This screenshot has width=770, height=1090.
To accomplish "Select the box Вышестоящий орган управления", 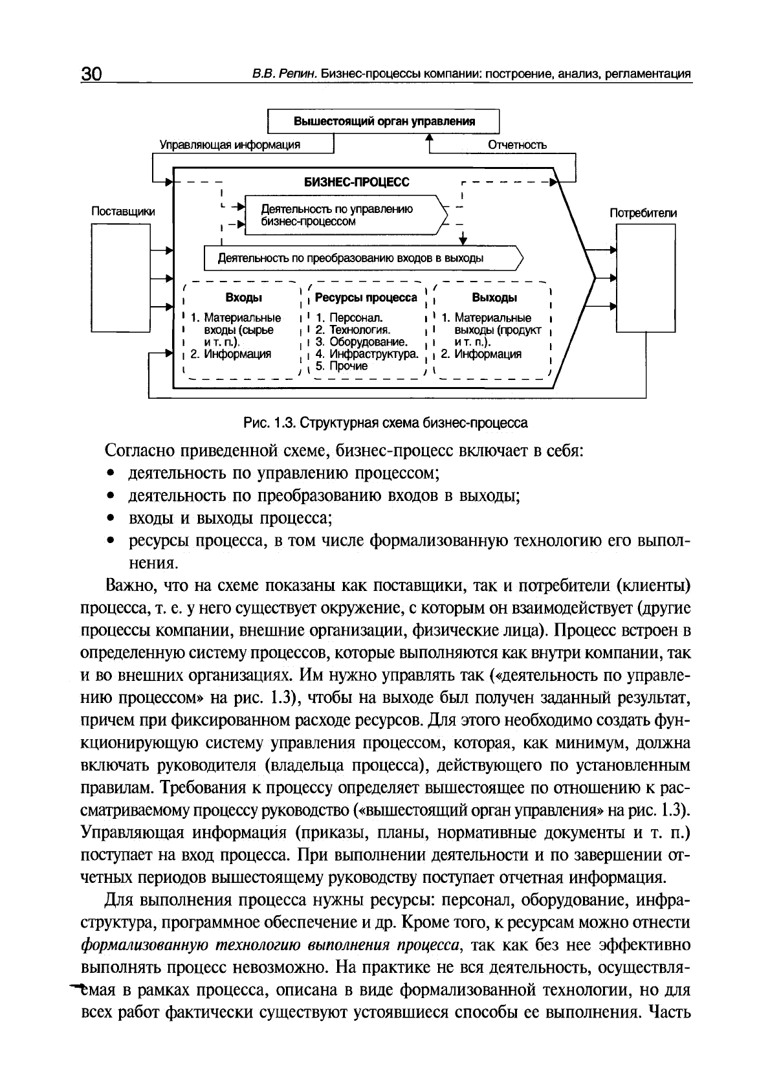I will [384, 122].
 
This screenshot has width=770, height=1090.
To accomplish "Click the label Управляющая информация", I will [230, 145].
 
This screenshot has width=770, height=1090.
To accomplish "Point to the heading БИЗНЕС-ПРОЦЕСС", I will [357, 183].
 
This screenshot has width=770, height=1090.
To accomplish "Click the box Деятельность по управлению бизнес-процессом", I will [343, 216].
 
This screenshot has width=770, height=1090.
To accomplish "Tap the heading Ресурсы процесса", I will [366, 298].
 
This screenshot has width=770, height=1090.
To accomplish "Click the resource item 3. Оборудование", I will [361, 342].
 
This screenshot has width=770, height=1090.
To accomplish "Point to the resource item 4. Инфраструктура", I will [366, 354].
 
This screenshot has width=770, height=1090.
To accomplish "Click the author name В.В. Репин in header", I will [285, 74].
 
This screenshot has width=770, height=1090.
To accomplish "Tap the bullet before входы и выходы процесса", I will [111, 519].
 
